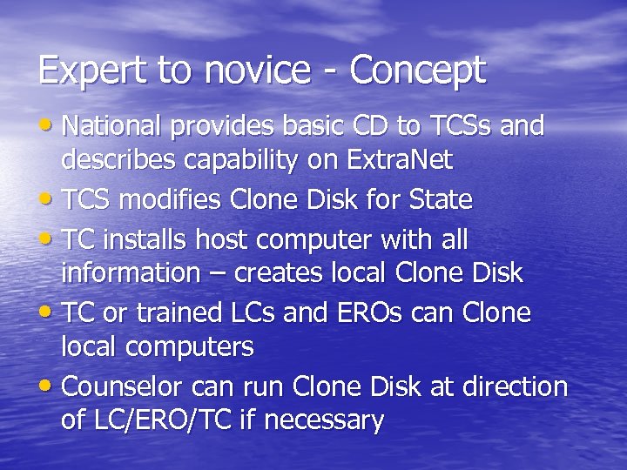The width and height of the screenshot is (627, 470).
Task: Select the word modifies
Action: click(x=171, y=200)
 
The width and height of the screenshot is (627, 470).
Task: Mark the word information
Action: click(x=131, y=273)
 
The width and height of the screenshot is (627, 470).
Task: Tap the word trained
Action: click(x=194, y=312)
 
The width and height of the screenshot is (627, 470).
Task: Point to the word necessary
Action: click(x=324, y=421)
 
